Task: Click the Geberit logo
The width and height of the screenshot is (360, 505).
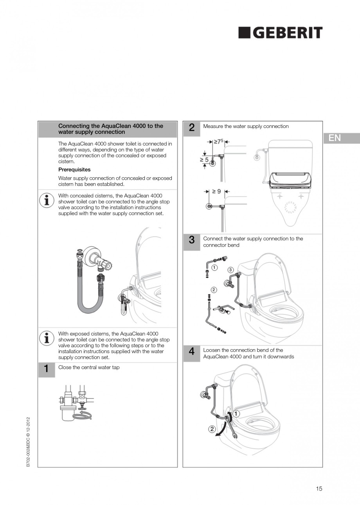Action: click(281, 33)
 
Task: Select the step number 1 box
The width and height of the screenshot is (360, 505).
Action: click(46, 369)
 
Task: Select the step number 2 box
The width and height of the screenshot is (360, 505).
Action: click(192, 128)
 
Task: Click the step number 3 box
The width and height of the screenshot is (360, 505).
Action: click(192, 241)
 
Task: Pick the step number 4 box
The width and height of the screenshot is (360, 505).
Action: click(192, 352)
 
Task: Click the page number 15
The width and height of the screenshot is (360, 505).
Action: click(319, 489)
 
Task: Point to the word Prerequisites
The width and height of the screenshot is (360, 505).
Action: click(74, 170)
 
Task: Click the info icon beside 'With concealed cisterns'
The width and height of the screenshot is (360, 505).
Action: click(47, 200)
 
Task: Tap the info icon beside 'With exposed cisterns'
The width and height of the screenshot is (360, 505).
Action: click(47, 337)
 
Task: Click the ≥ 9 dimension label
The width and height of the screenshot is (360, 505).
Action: click(216, 191)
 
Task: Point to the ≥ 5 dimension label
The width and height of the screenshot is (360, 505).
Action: click(204, 160)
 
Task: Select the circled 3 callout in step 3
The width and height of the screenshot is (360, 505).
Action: click(230, 270)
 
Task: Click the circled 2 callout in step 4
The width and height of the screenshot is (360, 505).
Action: click(212, 429)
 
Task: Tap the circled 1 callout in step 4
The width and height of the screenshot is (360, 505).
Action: click(237, 413)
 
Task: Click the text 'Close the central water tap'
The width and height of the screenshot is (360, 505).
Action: click(89, 368)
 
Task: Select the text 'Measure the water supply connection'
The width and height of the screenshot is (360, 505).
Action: click(246, 126)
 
